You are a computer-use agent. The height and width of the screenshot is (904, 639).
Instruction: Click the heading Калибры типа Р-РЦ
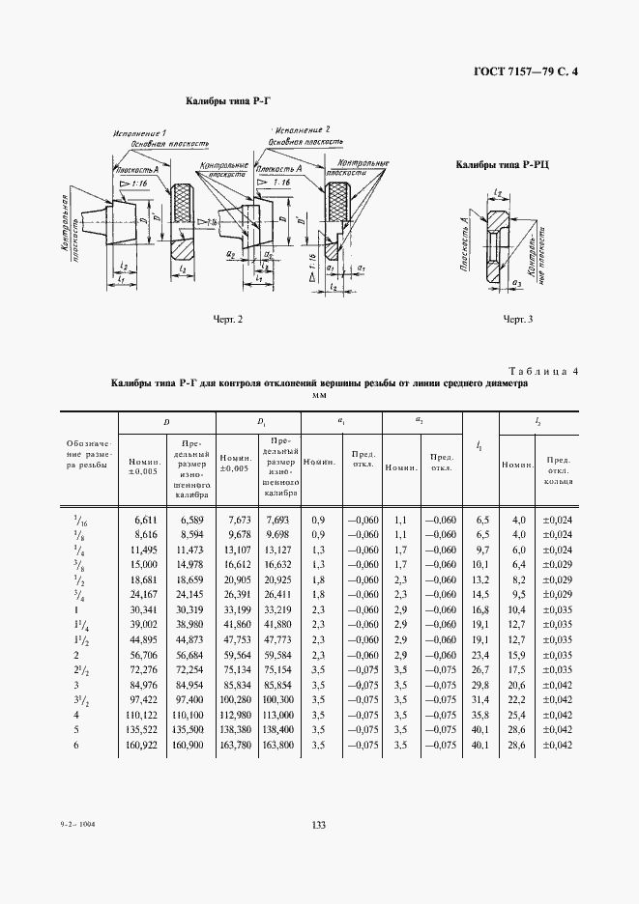pos(502,165)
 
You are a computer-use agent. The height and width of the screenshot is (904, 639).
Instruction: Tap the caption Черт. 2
pos(227,318)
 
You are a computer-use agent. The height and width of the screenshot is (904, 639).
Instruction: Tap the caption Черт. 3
pos(517,318)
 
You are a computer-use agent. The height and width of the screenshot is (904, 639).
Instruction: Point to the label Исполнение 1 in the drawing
pos(139,131)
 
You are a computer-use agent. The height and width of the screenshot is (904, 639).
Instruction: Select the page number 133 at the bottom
pos(319,823)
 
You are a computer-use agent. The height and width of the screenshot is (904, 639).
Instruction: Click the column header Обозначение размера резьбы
pos(89,455)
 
